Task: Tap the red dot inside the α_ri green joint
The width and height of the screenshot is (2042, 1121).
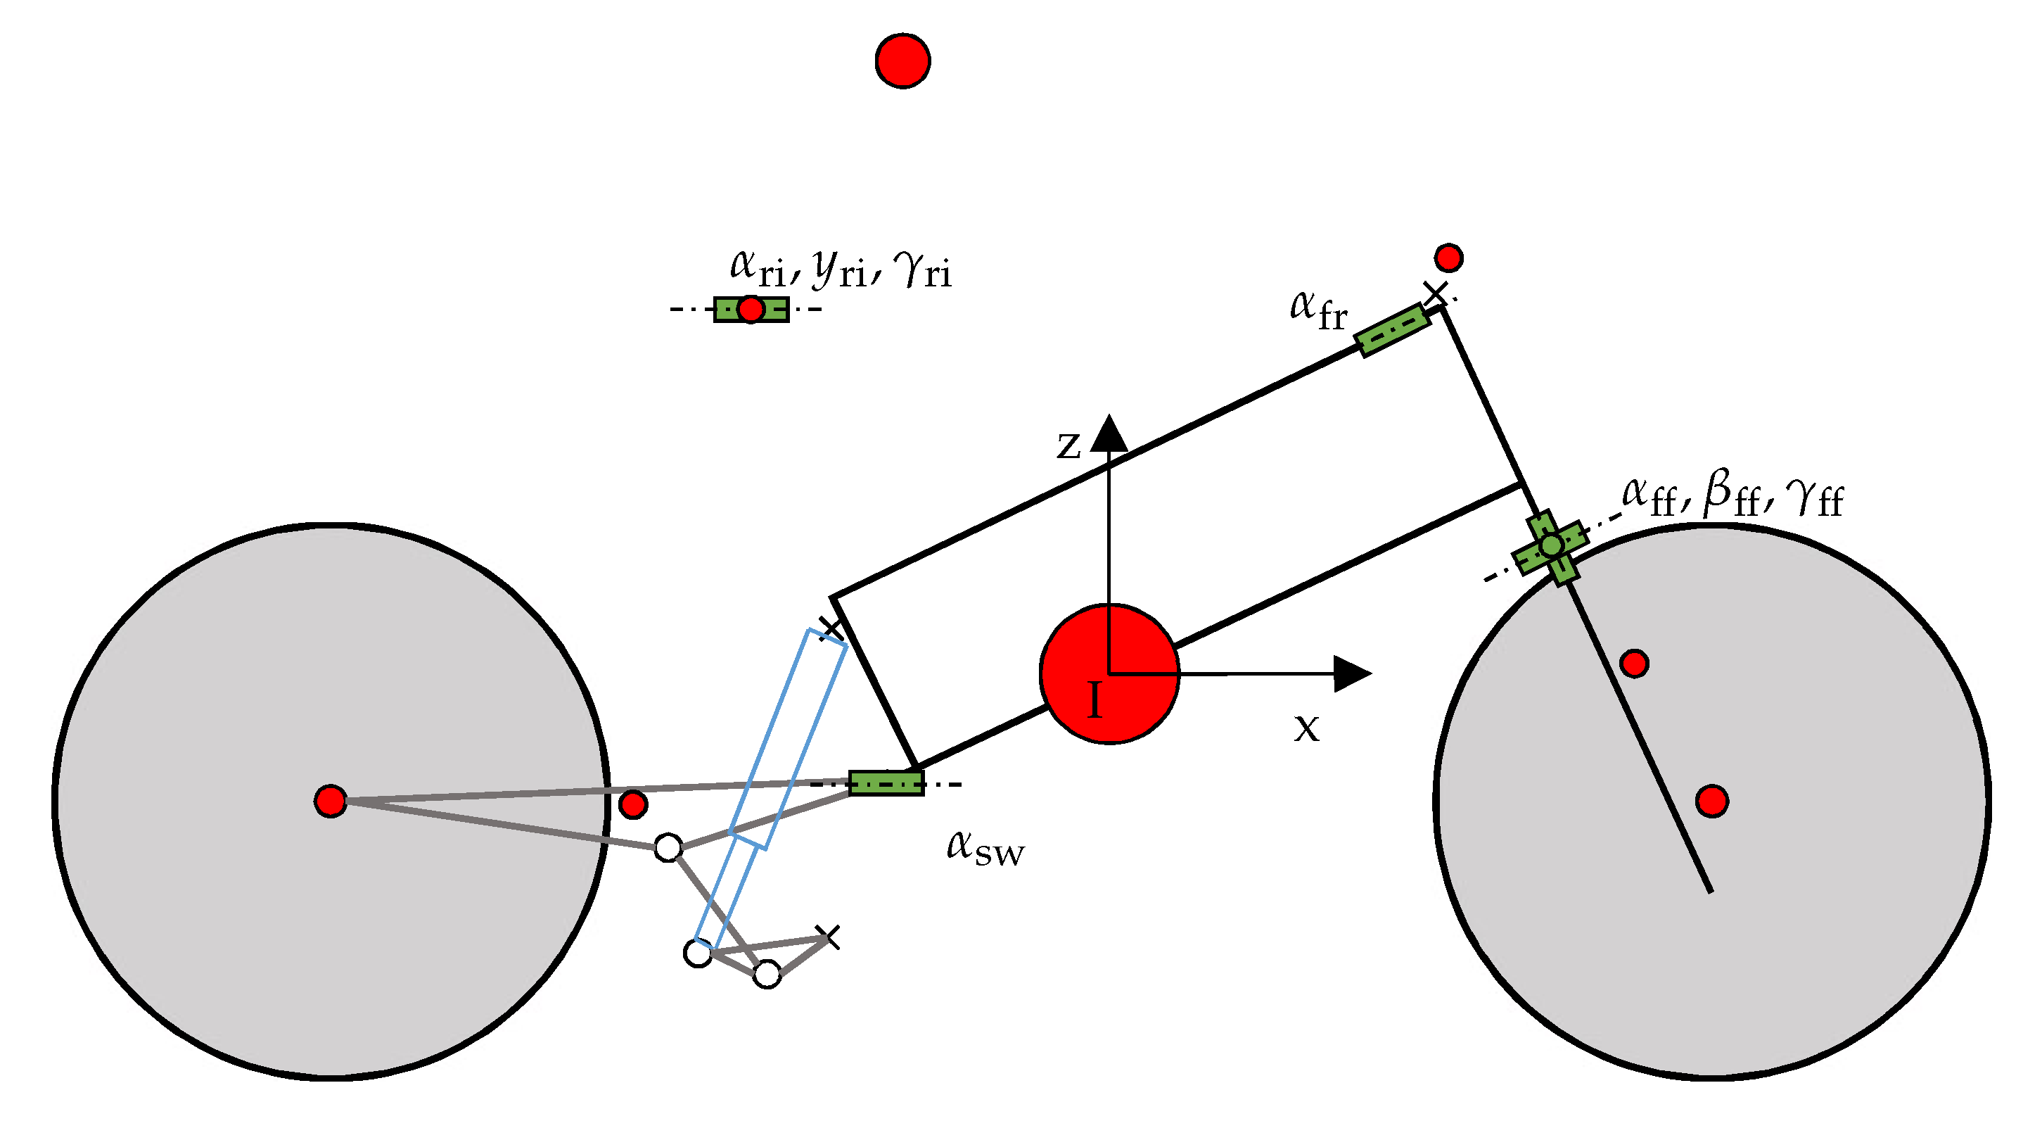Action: click(751, 309)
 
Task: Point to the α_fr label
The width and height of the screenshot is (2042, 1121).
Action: click(1318, 310)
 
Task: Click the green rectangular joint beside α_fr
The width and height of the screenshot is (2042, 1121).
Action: click(1393, 330)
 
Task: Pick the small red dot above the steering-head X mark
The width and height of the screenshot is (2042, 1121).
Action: click(1448, 258)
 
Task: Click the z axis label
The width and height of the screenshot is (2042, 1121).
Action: click(1068, 445)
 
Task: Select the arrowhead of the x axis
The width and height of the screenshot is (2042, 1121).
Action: click(1351, 674)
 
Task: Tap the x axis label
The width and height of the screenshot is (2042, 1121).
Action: click(1307, 728)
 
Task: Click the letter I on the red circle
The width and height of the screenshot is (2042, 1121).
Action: click(1095, 700)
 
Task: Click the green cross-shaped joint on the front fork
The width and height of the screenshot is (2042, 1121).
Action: click(1550, 546)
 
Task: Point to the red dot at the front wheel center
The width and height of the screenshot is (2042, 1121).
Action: click(1712, 802)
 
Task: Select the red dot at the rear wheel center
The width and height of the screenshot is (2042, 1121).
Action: click(331, 802)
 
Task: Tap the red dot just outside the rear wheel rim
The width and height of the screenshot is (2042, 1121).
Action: click(632, 804)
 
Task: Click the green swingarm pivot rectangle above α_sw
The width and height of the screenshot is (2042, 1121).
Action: click(886, 783)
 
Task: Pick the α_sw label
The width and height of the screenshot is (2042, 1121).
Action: click(985, 847)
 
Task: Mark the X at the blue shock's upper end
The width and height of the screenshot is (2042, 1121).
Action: click(830, 628)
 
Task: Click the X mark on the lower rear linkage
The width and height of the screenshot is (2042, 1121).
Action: click(828, 937)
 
